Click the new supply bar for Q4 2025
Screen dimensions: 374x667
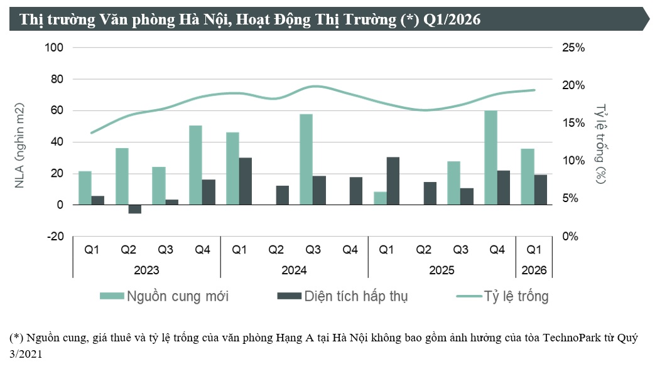point(491,158)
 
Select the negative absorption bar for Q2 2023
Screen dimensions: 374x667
point(135,210)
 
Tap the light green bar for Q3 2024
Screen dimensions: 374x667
point(306,159)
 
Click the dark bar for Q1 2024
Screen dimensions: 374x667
point(246,181)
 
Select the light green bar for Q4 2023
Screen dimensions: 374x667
point(195,165)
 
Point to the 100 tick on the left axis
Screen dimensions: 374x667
point(55,48)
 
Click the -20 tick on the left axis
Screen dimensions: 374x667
point(55,237)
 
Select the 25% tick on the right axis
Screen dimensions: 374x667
point(573,48)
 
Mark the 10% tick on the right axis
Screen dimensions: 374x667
point(573,161)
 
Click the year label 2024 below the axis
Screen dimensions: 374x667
point(294,270)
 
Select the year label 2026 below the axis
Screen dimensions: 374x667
point(534,270)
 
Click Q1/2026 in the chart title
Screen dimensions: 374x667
point(452,20)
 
